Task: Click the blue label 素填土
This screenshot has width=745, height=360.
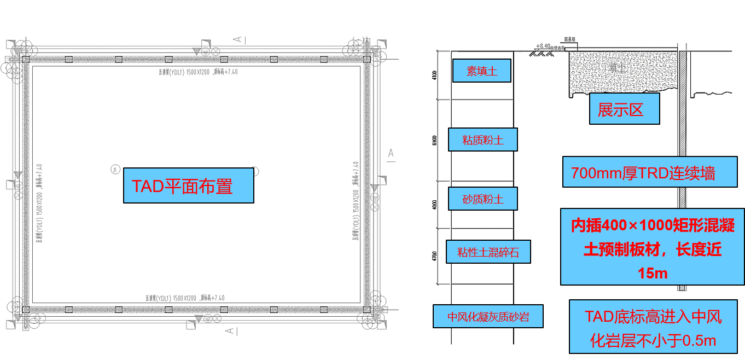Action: pos(481,71)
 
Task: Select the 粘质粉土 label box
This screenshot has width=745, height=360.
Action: pos(482,140)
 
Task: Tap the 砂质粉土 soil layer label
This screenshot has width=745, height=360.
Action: pos(482,199)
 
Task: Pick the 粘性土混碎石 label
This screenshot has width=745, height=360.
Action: pos(488,252)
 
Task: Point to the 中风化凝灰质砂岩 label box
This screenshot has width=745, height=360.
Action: pos(488,316)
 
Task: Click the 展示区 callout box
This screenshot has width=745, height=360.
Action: pos(624,109)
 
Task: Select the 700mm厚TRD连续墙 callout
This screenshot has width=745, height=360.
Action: pos(649,172)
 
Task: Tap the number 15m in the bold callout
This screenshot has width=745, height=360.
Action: pos(653,273)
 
